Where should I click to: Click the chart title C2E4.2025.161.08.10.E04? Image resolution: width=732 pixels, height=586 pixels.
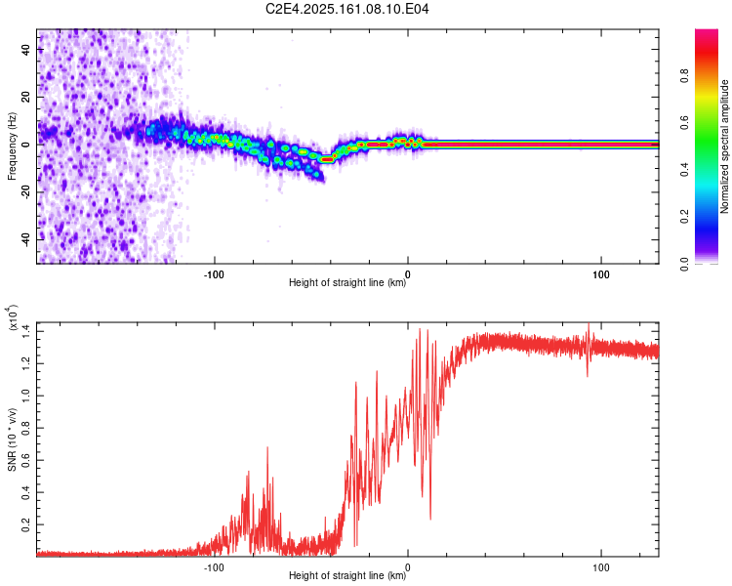tap(346, 9)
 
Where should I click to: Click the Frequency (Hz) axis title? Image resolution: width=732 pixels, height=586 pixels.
tap(12, 146)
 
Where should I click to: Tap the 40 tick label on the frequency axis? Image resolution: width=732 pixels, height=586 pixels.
tap(25, 49)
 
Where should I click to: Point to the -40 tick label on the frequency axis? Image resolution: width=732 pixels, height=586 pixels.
tap(25, 239)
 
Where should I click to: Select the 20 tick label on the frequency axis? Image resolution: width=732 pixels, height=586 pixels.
tap(25, 97)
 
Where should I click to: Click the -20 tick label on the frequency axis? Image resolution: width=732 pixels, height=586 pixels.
tap(25, 191)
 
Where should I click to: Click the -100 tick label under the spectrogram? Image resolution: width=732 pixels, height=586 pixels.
tap(214, 274)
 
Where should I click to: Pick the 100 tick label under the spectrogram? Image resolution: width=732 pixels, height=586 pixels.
tap(601, 274)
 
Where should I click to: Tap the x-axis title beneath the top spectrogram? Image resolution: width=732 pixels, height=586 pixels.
tap(347, 282)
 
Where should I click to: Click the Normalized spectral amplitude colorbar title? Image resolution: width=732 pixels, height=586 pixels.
tap(724, 146)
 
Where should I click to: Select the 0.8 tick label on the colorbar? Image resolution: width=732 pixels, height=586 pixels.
tap(684, 75)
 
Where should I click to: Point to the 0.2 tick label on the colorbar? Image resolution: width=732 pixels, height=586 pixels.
tap(684, 217)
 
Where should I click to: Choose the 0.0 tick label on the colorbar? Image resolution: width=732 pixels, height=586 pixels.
tap(684, 264)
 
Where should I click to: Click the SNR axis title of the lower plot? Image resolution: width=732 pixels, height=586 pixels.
tap(12, 439)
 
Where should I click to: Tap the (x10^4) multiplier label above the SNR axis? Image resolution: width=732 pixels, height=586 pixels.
tap(12, 318)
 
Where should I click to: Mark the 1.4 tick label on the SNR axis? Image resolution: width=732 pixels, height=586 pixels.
tap(25, 331)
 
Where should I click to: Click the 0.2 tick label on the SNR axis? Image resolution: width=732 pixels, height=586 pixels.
tap(25, 524)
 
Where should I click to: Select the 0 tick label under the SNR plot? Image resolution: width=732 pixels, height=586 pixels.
tap(408, 567)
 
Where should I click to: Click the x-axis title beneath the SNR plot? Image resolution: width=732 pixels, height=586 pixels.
tap(347, 575)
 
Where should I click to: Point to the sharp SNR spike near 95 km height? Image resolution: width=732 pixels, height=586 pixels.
tap(589, 350)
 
